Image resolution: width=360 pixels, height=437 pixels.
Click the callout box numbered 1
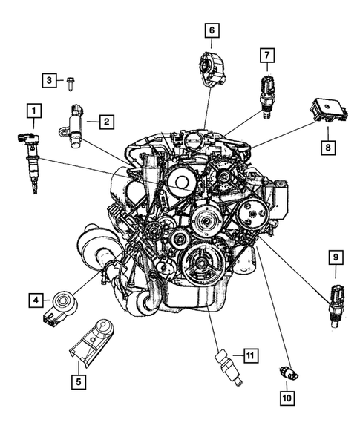(33, 112)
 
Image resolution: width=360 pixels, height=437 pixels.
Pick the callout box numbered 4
(33, 300)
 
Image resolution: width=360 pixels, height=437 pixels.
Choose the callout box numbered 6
(212, 30)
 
